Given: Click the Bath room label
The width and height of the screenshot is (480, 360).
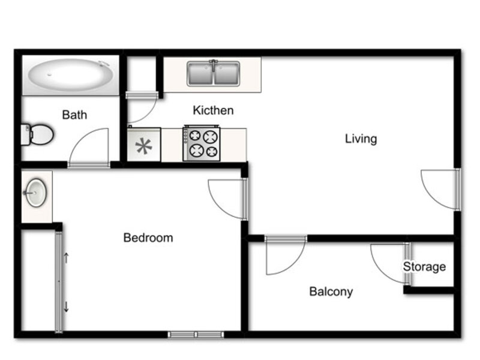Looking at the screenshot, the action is coord(74,115).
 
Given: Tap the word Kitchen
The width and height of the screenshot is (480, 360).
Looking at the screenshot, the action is coord(213,110).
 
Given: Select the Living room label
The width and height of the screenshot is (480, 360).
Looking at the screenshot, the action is coord(361,139).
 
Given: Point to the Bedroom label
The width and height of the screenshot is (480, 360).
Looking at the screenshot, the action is coord(148,238).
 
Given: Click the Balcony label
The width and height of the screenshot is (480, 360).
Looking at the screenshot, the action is coord(331,292).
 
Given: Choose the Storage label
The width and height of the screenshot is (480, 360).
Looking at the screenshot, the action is coord(424,266).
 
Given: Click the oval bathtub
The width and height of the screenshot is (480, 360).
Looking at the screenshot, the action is coord(71,75).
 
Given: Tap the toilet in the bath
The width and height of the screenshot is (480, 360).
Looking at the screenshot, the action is coord(37,134).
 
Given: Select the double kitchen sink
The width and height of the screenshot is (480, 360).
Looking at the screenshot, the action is coord(214,73).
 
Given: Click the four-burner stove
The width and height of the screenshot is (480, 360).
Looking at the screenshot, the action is coord(202,143).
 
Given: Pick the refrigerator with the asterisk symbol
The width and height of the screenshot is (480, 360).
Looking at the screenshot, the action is coord(144,144).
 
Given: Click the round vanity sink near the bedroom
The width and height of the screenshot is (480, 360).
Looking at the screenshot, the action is coord(36,193).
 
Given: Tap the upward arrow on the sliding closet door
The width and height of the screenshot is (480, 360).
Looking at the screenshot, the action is coord(66,258).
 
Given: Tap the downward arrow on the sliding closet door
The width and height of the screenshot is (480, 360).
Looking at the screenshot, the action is coord(66,307).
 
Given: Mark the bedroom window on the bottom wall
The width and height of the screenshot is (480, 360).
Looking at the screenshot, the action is coord(196,334).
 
